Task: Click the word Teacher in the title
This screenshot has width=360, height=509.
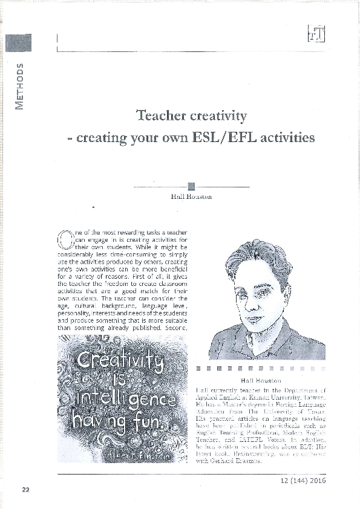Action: (159, 115)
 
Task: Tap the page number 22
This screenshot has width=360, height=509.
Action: (25, 490)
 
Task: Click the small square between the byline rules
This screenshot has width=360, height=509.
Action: (191, 186)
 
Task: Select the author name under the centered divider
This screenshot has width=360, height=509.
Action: (191, 197)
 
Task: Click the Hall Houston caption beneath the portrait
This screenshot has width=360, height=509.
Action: (261, 380)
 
